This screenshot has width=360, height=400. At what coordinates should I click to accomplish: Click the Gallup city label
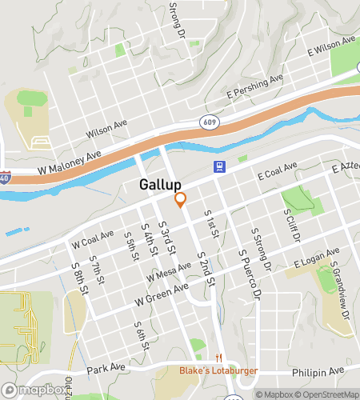click(159, 185)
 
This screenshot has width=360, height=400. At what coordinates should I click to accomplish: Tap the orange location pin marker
click(181, 200)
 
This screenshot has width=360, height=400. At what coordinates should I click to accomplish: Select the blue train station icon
click(218, 166)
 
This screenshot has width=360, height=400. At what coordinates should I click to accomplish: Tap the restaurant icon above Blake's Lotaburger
click(218, 358)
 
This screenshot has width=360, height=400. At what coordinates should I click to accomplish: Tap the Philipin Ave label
click(319, 370)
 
